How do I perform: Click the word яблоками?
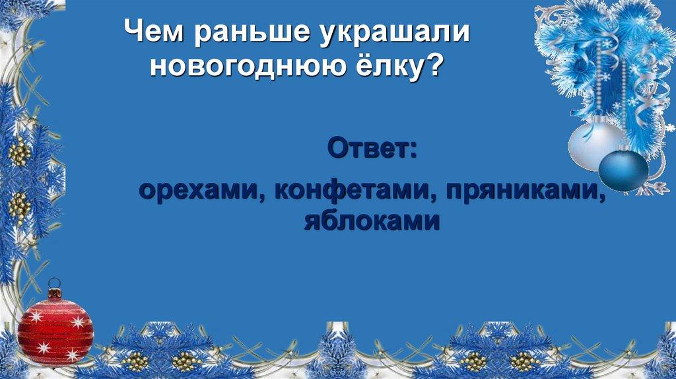pyautogui.click(x=372, y=221)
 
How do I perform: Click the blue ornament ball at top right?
pyautogui.click(x=623, y=170)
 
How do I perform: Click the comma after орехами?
pyautogui.click(x=261, y=197)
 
